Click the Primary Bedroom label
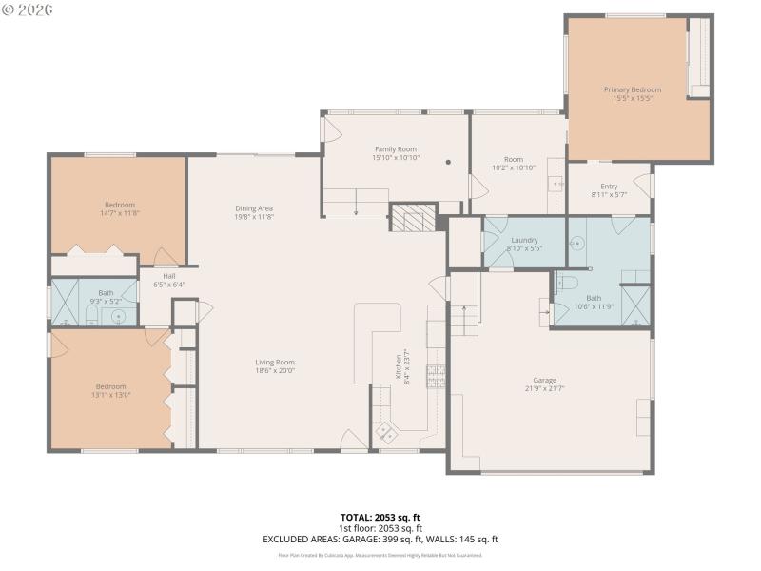632,89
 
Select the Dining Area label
254,208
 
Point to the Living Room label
274,362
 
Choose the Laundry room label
524,240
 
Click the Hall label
168,276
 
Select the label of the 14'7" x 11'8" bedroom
120,205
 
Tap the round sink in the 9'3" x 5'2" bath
119,316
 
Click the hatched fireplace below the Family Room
412,218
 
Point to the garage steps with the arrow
463,318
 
